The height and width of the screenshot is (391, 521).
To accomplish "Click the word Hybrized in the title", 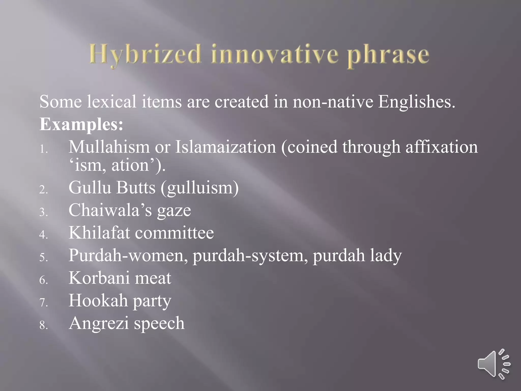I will pyautogui.click(x=145, y=54).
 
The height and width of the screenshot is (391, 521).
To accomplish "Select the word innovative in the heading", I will pyautogui.click(x=275, y=54).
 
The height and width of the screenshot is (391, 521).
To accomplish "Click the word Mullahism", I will pyautogui.click(x=109, y=147).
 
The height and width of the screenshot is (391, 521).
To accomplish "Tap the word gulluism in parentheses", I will pyautogui.click(x=200, y=188).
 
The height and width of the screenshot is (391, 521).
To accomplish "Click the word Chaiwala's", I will pyautogui.click(x=110, y=210).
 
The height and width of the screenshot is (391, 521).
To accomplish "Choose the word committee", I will pyautogui.click(x=175, y=233).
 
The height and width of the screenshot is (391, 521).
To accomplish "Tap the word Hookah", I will pyautogui.click(x=98, y=300).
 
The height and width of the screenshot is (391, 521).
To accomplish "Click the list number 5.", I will pyautogui.click(x=44, y=257).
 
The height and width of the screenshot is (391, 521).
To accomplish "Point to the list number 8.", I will pyautogui.click(x=44, y=325).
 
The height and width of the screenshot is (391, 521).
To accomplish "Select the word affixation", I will pyautogui.click(x=442, y=147).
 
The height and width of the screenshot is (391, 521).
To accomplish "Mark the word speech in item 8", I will pyautogui.click(x=159, y=323).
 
